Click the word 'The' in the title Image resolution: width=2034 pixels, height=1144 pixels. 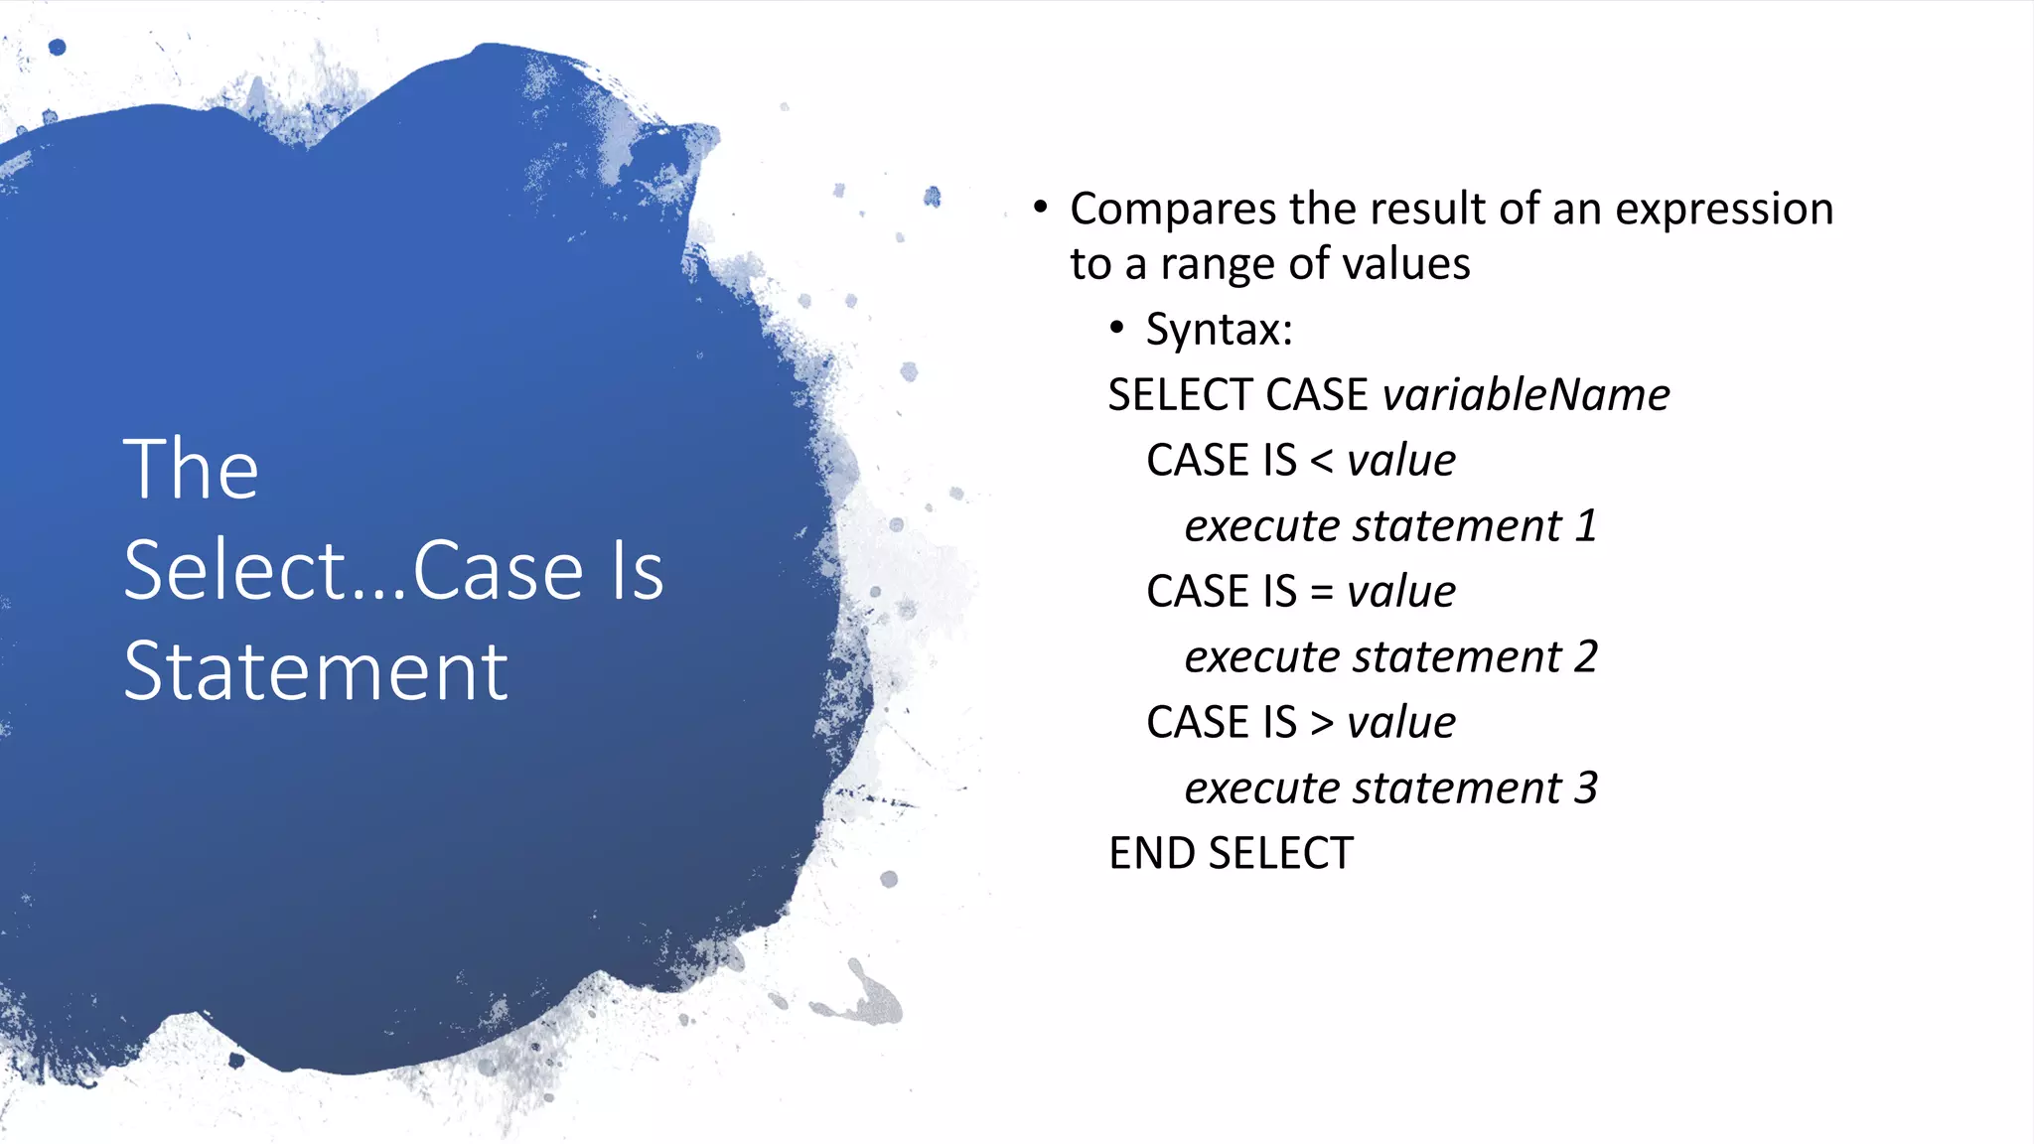(x=191, y=469)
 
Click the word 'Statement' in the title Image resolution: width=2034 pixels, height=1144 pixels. (x=316, y=672)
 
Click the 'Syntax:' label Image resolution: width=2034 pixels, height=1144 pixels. (x=1220, y=329)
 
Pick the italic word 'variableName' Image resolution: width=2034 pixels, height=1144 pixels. (x=1526, y=395)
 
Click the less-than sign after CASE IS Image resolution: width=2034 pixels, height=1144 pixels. (x=1322, y=461)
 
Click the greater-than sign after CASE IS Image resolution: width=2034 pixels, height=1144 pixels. (x=1322, y=723)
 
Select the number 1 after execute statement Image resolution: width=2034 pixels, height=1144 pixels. (x=1586, y=526)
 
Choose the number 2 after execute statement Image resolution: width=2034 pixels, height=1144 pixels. (x=1586, y=657)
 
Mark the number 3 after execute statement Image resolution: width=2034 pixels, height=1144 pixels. (x=1586, y=788)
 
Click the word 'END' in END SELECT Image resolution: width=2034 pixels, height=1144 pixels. (x=1151, y=854)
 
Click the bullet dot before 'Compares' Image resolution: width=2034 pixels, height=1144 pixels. (x=1040, y=208)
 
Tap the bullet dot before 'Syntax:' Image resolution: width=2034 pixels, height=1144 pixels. (x=1117, y=328)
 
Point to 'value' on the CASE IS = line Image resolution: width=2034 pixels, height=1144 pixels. (x=1401, y=592)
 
